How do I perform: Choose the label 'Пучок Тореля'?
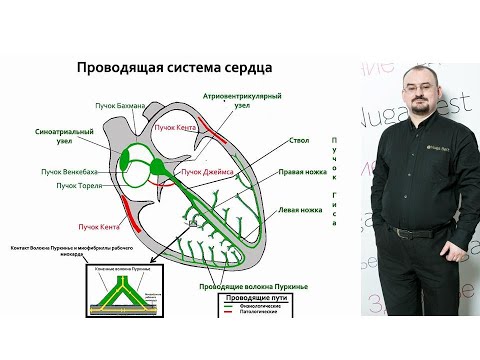(79, 186)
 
